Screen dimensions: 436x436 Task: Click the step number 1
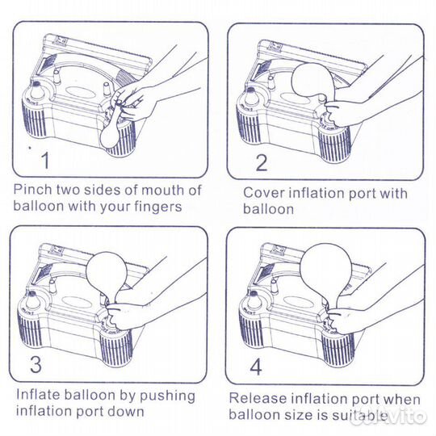pos(45,161)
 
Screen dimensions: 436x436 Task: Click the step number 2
pos(262,162)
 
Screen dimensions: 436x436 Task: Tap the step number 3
pos(36,364)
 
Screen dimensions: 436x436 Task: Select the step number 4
pos(256,367)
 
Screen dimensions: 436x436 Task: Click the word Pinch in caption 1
pos(33,190)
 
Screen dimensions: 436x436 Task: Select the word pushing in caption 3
pos(167,396)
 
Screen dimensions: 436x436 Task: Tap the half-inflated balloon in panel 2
pos(312,81)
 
